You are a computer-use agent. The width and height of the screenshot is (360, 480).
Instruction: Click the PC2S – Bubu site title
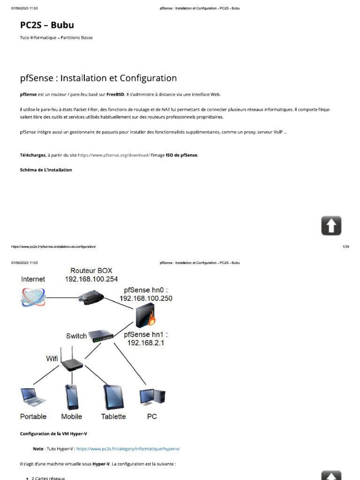pos(47,25)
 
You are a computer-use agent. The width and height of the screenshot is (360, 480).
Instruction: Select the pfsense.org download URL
pos(114,155)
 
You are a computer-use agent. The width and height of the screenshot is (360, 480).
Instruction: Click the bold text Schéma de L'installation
pos(46,170)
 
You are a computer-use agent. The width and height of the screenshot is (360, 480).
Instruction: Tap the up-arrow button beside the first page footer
pos(331,225)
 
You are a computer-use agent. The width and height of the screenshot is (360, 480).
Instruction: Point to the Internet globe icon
pos(33,297)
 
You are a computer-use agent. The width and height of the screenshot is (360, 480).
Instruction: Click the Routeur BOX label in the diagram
pos(91,270)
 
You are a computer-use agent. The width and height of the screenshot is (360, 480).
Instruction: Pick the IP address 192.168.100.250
pos(146,298)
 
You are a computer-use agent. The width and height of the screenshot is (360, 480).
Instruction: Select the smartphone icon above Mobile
pos(72,397)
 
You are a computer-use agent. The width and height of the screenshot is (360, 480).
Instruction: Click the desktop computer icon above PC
pos(152,397)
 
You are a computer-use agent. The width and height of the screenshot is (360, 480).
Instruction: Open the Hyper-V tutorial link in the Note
pos(128,449)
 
